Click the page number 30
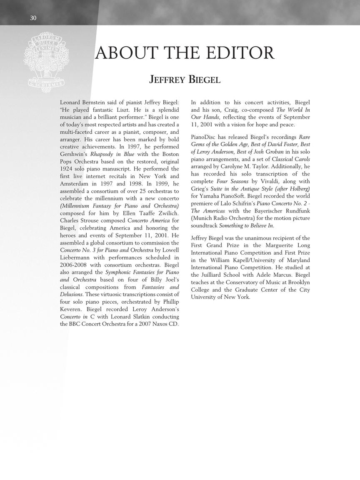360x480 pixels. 33,18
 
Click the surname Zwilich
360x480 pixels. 165,213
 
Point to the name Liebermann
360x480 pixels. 77,257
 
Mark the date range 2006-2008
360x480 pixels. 73,265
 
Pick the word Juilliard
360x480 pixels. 216,275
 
